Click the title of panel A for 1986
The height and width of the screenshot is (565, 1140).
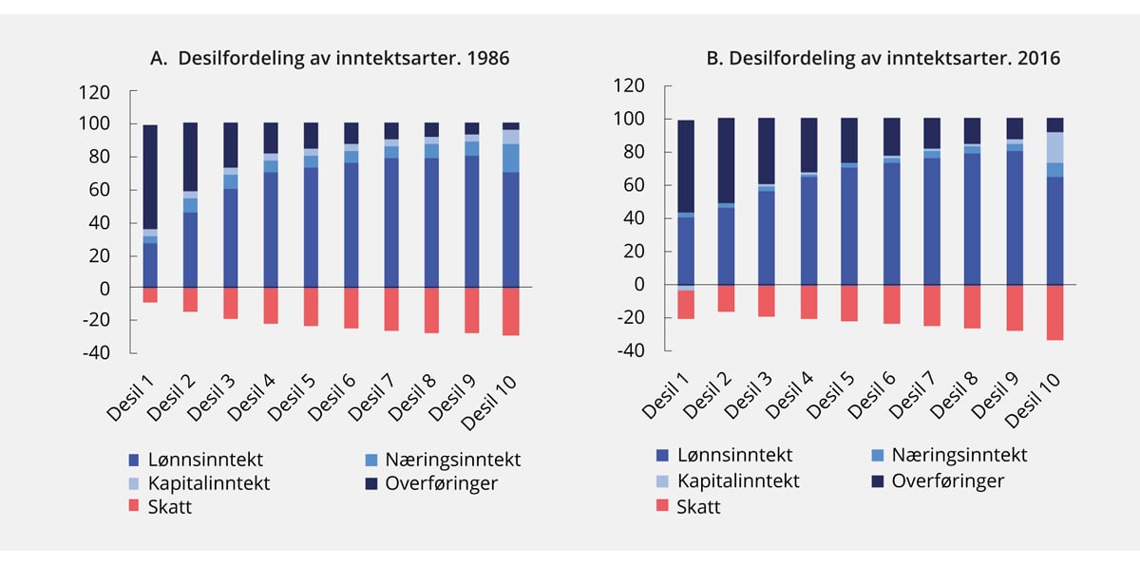[330, 58]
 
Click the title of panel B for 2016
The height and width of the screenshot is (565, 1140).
[883, 58]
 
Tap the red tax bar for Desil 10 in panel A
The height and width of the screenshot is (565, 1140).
[511, 311]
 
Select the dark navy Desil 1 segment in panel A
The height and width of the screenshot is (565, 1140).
[150, 178]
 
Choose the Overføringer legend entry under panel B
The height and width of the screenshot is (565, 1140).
[947, 480]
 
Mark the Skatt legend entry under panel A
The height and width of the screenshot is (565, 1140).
[170, 506]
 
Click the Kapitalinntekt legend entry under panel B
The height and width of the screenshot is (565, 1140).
[737, 480]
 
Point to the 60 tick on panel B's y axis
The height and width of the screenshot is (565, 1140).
[633, 185]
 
